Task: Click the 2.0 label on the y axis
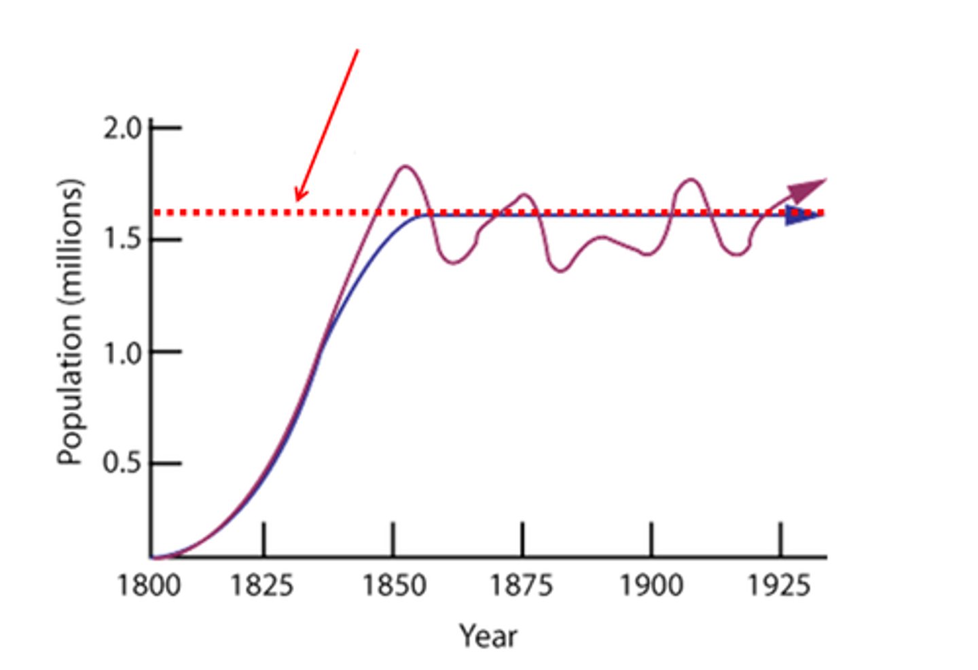tap(122, 128)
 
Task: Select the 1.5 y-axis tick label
tap(122, 240)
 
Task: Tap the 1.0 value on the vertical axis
tap(122, 353)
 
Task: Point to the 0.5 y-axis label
tap(122, 464)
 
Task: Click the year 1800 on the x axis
tap(149, 584)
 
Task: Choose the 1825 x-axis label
tap(262, 584)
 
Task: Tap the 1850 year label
tap(394, 584)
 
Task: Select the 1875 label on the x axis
tap(522, 584)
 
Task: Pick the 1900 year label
tap(651, 584)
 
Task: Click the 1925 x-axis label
tap(779, 584)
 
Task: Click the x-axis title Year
tap(488, 636)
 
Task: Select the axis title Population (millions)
tap(70, 322)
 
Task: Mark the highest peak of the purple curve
tap(405, 166)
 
